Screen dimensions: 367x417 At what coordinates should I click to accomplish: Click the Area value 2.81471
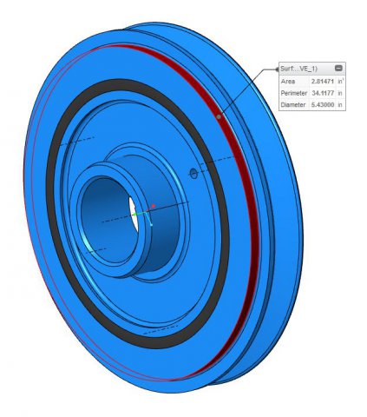point(323,82)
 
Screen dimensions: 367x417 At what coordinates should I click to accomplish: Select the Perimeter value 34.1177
point(323,93)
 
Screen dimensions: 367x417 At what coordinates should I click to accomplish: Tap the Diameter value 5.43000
point(323,104)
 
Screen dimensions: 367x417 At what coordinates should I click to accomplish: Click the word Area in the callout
point(288,82)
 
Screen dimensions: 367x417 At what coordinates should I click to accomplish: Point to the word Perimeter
point(294,93)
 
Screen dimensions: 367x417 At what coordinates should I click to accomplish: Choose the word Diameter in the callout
point(293,104)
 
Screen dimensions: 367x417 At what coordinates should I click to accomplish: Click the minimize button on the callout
point(338,69)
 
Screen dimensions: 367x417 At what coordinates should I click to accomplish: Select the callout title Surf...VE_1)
point(298,69)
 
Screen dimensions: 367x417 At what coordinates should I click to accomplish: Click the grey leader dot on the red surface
point(219,116)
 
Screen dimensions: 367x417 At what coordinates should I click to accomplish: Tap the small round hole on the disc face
point(193,174)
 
